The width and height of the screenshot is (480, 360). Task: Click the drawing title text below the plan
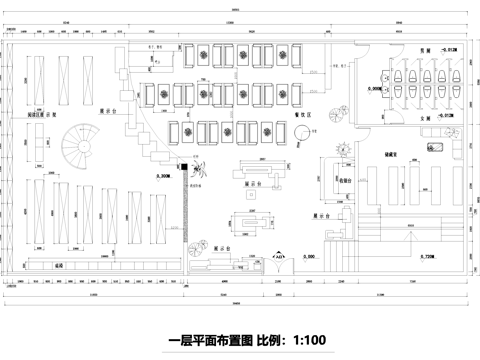point(249,340)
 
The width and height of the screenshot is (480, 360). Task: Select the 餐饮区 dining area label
point(302,115)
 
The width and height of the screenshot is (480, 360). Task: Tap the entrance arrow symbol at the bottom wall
point(280,256)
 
